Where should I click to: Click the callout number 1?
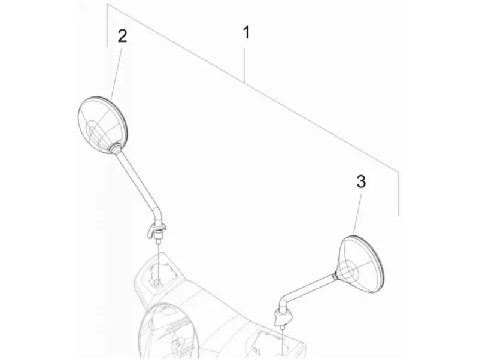point(246,32)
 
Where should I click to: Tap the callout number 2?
point(122,36)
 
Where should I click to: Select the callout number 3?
point(361,181)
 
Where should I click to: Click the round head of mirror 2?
point(103,124)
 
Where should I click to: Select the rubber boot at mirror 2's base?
point(156,230)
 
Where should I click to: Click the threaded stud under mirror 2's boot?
point(158,240)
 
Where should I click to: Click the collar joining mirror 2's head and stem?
point(115,147)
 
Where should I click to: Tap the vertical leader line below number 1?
point(244,66)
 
